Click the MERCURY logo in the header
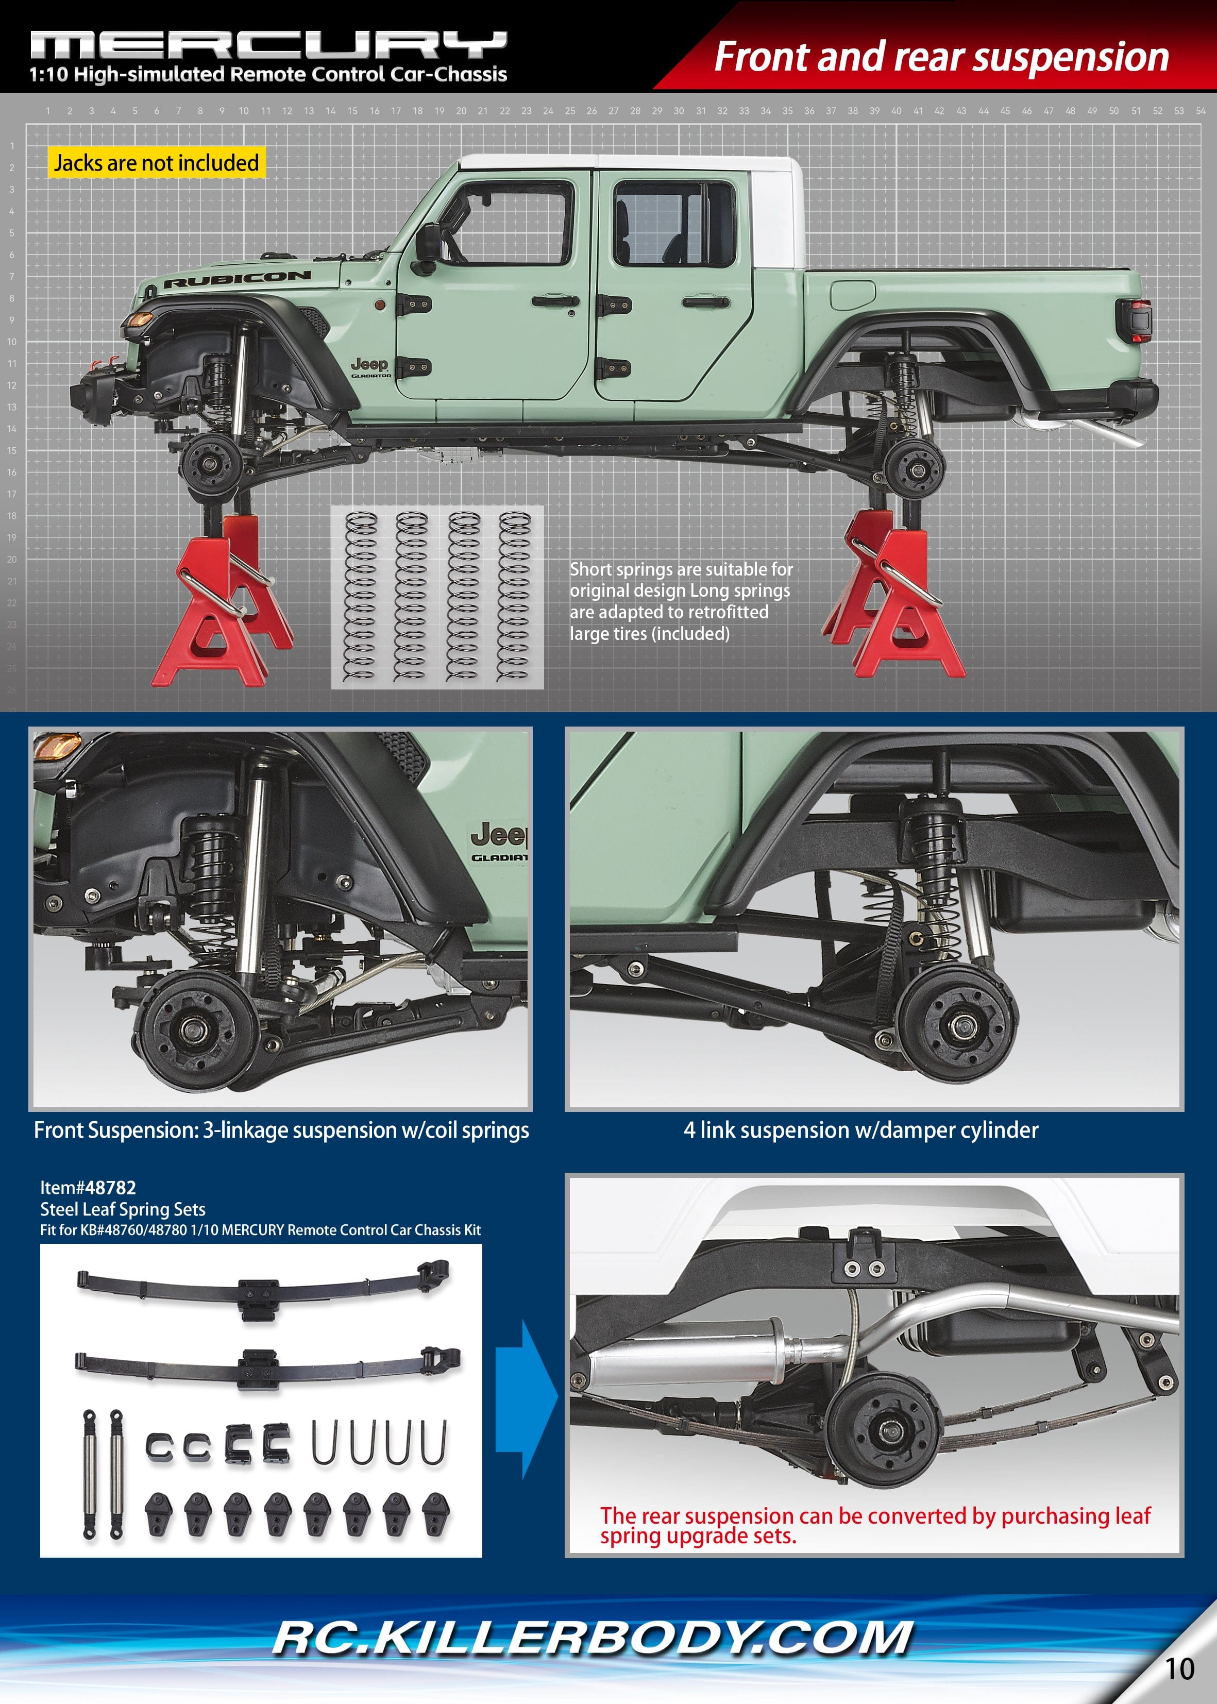point(268,45)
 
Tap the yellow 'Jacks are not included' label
point(156,163)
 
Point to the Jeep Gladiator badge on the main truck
point(370,366)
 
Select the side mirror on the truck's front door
point(428,246)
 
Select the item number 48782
point(110,1188)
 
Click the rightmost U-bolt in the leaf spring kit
point(433,1442)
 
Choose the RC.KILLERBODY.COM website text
point(592,1638)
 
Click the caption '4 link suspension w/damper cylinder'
point(860,1130)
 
